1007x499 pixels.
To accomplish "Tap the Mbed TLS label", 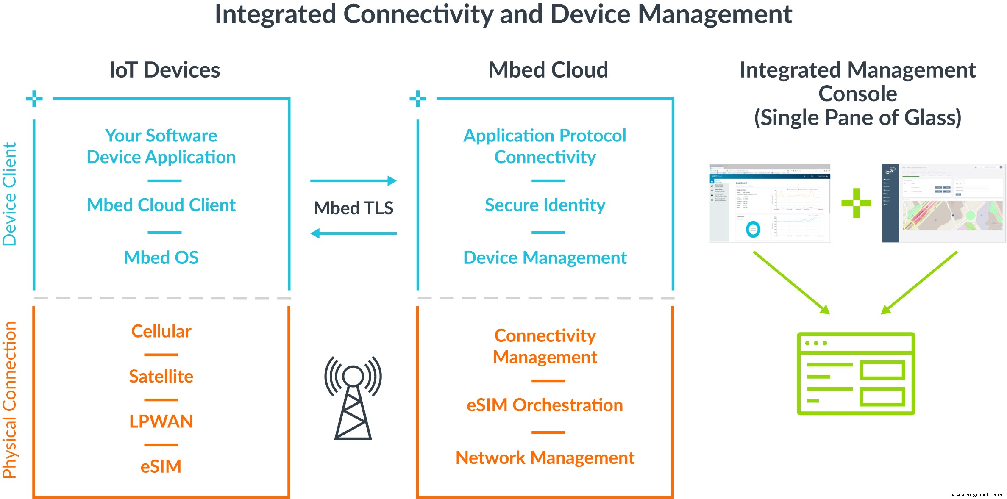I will point(353,208).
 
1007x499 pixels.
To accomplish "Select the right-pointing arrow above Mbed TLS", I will point(353,181).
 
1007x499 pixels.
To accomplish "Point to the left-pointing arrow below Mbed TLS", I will point(353,233).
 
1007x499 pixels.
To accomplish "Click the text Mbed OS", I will point(161,258).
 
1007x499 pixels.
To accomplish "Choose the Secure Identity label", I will point(545,205).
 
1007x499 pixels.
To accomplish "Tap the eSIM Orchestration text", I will point(545,405).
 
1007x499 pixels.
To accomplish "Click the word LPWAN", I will point(161,421).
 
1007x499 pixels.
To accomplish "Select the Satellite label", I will point(161,376).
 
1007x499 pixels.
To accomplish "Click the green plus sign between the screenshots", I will point(856,203).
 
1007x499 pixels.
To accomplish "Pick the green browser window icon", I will point(856,373).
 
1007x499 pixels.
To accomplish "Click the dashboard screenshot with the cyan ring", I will point(770,203).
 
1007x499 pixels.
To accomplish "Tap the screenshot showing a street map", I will point(943,203).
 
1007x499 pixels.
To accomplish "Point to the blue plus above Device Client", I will point(34,99).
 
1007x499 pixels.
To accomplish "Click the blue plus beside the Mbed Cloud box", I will point(418,99).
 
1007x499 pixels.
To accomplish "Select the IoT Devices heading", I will point(164,70).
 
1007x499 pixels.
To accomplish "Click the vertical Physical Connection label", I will point(9,400).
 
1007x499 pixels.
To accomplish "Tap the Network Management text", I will point(545,457).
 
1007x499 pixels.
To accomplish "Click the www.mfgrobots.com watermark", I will point(976,494).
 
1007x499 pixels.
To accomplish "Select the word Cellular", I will point(161,331).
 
